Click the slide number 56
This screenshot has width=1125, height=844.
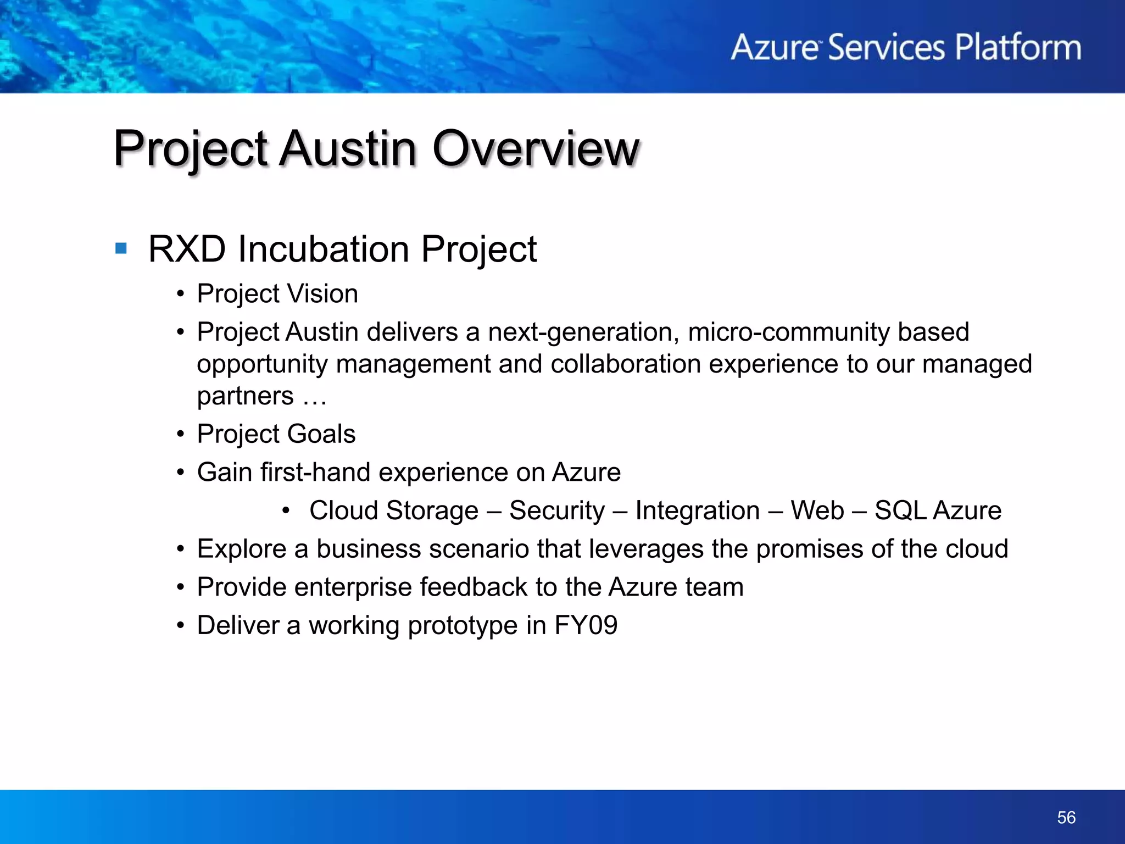coord(1066,817)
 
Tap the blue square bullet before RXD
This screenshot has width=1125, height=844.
coord(121,249)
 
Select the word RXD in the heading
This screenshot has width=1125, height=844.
coord(187,249)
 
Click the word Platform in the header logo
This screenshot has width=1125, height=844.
coord(1018,47)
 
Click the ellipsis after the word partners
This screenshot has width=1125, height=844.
coord(314,397)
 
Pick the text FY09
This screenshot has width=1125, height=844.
coord(586,625)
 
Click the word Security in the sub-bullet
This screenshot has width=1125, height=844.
coord(556,510)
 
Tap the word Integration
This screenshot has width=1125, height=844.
coord(697,510)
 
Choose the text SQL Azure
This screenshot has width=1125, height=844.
coord(938,510)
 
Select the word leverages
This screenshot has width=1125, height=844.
coord(645,549)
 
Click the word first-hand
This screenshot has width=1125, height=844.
coord(315,473)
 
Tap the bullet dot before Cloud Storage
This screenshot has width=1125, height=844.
coord(285,511)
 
